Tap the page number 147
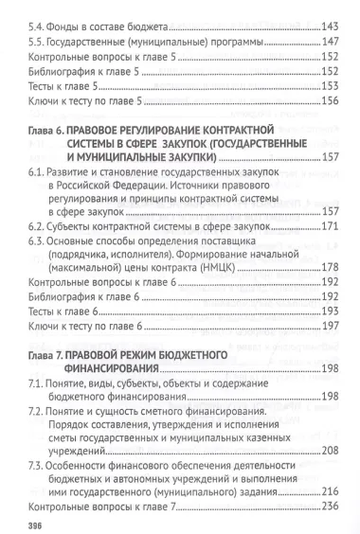[330, 44]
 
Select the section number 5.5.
[37, 44]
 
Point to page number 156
[330, 101]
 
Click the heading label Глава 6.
[46, 128]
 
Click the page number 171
[330, 228]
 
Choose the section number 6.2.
[37, 228]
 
